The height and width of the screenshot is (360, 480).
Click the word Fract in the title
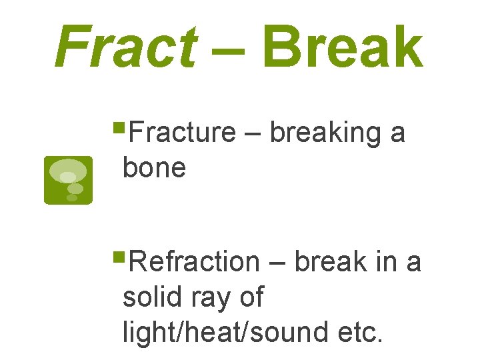tap(125, 47)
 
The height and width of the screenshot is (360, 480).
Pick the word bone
tap(154, 167)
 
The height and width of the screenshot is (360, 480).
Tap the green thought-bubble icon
tap(68, 180)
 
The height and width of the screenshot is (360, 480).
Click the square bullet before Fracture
tap(119, 125)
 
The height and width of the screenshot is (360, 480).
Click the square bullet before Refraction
tap(119, 255)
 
